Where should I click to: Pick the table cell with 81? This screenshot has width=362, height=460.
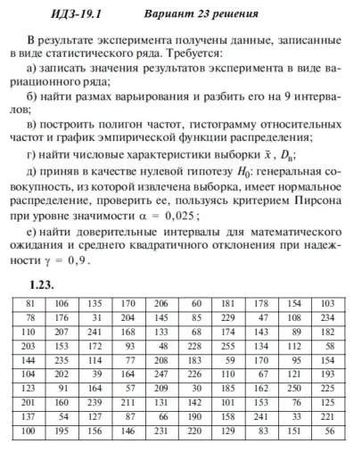point(31,302)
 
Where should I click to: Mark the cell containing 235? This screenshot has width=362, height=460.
point(62,359)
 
